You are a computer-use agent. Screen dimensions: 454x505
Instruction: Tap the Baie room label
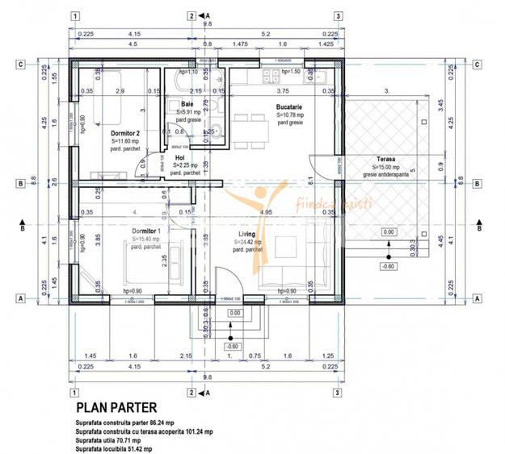point(187,105)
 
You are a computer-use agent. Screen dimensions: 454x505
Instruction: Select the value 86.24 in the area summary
point(173,423)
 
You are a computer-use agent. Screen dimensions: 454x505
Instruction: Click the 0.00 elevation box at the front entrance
point(234,313)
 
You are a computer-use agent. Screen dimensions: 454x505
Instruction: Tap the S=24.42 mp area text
point(248,242)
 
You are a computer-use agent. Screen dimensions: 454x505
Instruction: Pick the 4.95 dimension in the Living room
point(264,213)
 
